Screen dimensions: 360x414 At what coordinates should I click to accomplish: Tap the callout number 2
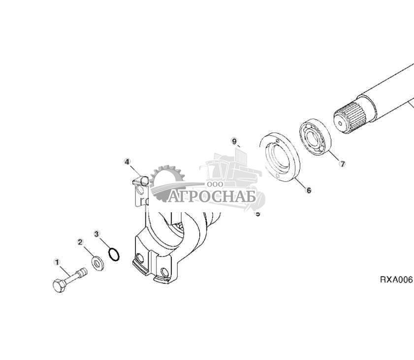[80, 242]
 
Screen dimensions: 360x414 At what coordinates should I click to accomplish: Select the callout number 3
[97, 232]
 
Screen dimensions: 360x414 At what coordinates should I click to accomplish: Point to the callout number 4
[127, 162]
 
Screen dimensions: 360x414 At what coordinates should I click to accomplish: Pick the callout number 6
[309, 190]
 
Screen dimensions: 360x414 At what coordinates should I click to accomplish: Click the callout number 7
[343, 164]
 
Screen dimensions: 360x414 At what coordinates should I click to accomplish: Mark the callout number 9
[234, 141]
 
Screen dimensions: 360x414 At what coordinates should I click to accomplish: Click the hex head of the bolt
[59, 285]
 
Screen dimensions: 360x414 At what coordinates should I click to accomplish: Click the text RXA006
[396, 279]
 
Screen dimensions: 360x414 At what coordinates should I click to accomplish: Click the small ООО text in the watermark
[215, 183]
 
